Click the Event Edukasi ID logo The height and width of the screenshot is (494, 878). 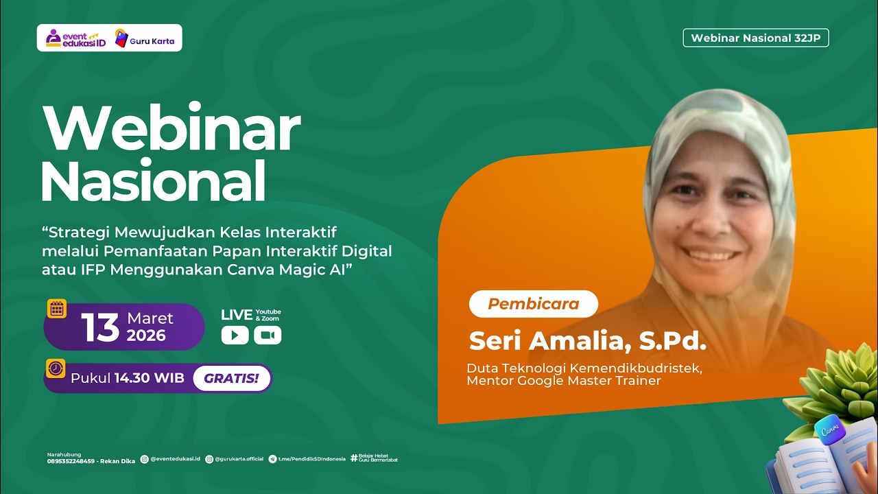coord(75,38)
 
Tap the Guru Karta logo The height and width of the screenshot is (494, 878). coord(145,39)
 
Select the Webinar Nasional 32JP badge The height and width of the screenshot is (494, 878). coord(755,38)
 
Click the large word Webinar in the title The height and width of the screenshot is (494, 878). coord(171,129)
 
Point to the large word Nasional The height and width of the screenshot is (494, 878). coord(153,182)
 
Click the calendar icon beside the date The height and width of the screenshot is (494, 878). coord(57,309)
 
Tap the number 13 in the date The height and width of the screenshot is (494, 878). coord(100,328)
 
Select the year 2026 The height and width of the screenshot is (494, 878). coord(146,336)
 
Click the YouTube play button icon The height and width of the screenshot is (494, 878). coord(235,335)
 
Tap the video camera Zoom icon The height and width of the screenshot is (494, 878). coord(268,335)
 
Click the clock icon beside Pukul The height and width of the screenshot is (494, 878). coord(56,368)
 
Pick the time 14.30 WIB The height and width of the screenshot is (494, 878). coord(149,378)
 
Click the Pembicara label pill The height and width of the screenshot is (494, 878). coord(533,304)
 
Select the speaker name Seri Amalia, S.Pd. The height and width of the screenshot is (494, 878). coord(587,340)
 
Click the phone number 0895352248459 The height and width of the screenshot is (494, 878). coord(71,460)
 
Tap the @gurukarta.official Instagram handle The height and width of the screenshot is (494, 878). coord(239,459)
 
